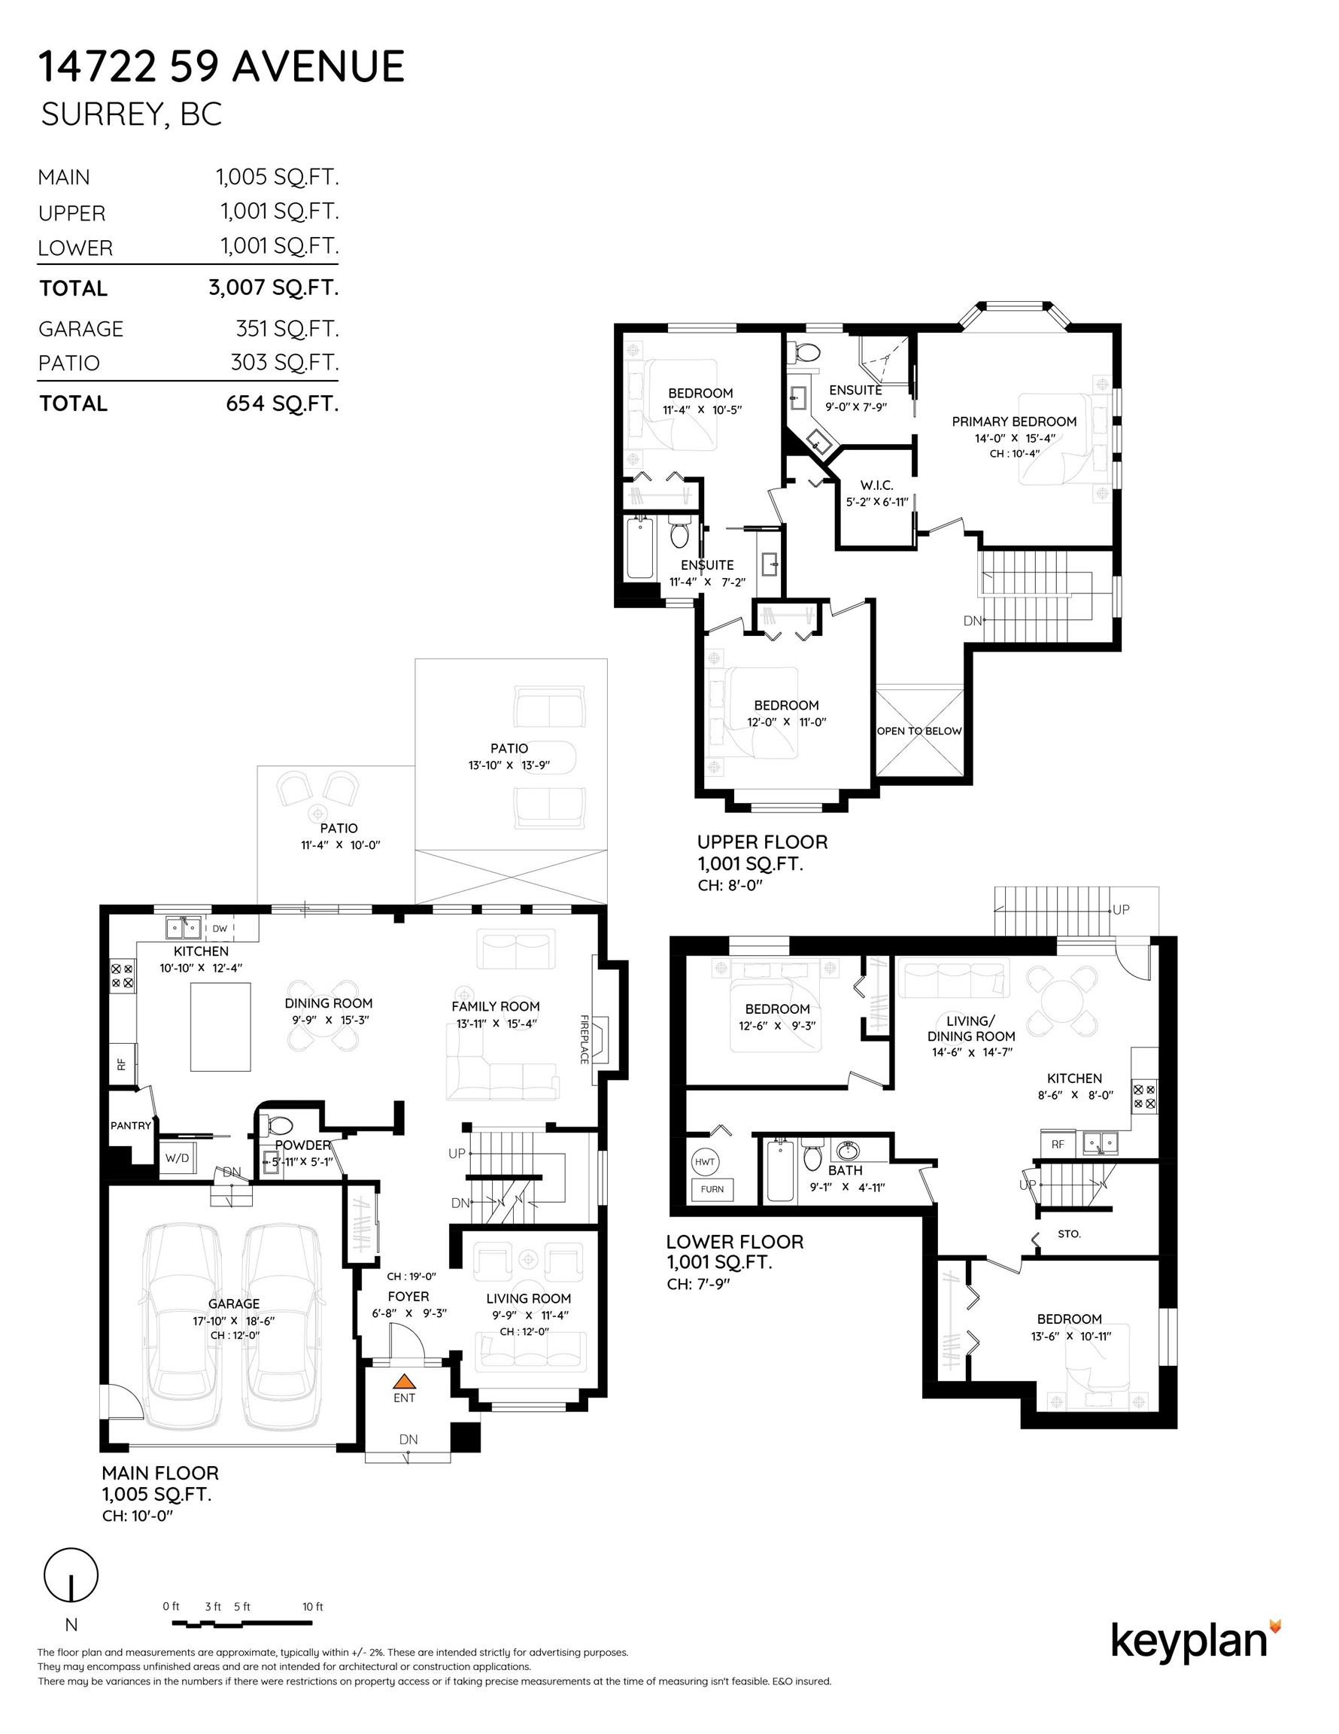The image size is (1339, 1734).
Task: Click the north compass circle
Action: coord(71,1574)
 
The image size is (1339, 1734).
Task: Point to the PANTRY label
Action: coord(131,1125)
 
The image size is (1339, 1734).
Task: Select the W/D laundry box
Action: coord(177,1158)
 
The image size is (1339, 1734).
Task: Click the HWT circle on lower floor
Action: coord(705,1161)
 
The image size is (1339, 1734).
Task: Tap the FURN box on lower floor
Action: coord(712,1188)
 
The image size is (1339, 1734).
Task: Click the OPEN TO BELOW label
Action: coord(919,731)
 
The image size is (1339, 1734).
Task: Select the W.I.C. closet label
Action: coord(877,485)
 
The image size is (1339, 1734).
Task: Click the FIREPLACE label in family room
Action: coord(584,1039)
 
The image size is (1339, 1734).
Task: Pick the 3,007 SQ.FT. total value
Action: coord(274,287)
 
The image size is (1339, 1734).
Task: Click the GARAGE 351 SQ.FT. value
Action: coord(287,328)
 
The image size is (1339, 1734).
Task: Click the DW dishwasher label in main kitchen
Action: coord(220,928)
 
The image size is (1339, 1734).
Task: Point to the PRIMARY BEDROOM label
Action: coord(1014,421)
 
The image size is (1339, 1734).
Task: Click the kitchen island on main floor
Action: coord(220,1027)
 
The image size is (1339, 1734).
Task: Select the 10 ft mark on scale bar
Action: coord(313,1606)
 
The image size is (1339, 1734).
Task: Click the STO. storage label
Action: coord(1069,1234)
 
